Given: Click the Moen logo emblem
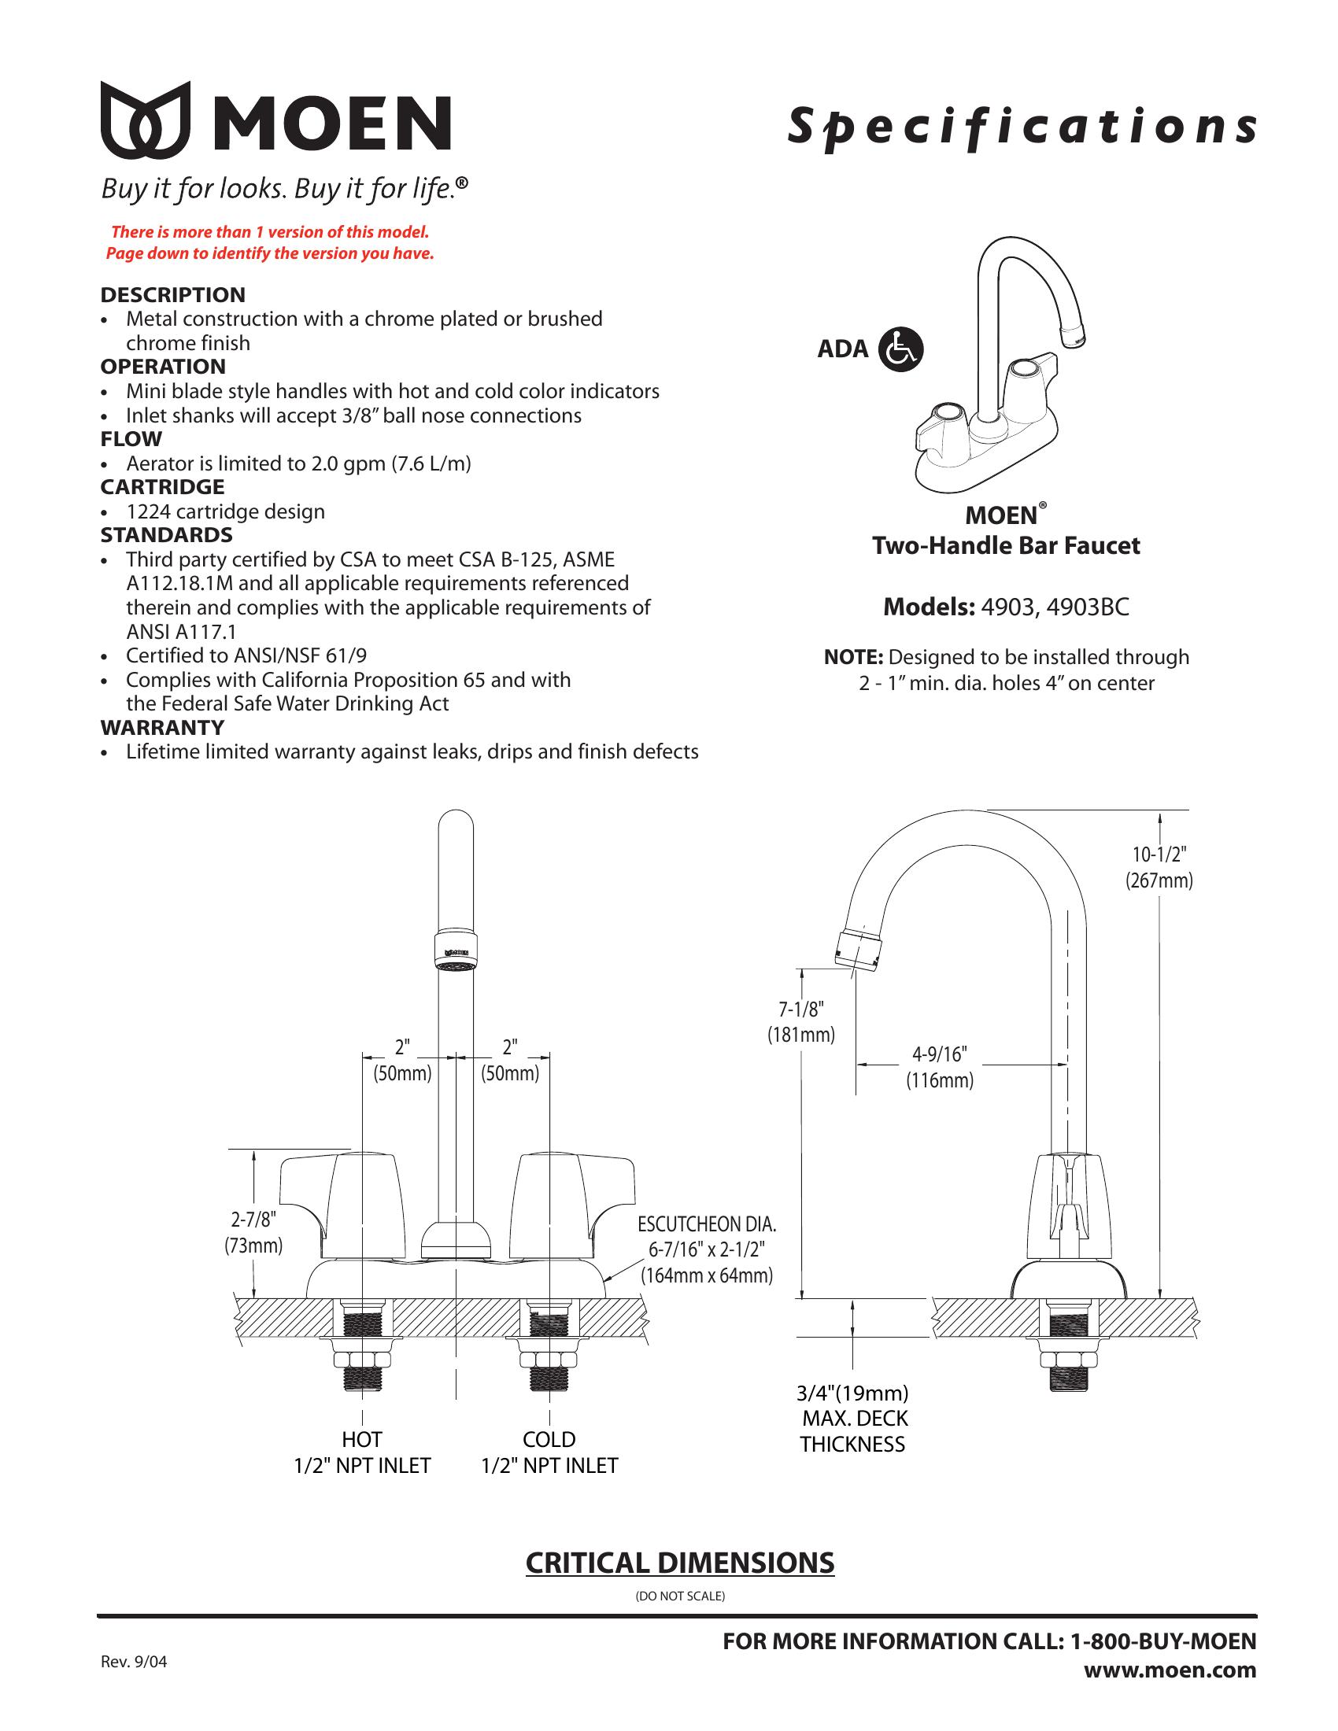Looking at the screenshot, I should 146,120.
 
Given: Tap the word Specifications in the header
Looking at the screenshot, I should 1021,126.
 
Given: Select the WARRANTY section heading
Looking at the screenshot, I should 161,727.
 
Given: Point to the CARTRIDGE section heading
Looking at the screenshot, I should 161,486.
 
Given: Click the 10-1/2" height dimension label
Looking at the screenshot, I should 1159,866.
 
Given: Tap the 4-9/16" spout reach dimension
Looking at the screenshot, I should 939,1067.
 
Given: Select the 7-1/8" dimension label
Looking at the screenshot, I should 800,1021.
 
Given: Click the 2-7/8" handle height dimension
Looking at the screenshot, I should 253,1232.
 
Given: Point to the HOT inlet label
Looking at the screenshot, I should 362,1439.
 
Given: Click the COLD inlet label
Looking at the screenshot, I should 549,1439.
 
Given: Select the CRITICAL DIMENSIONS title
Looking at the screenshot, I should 680,1563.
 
